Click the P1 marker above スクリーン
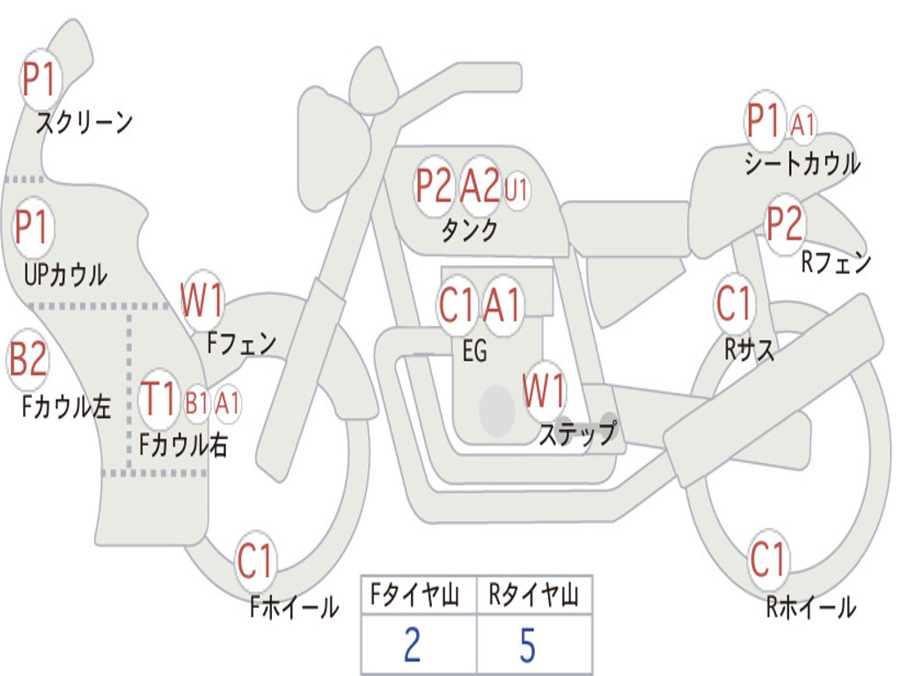click(x=39, y=79)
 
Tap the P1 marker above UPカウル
click(x=33, y=228)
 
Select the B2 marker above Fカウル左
click(x=27, y=358)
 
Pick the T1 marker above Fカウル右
click(x=158, y=399)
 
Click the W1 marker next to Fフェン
click(x=201, y=299)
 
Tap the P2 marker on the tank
click(x=433, y=185)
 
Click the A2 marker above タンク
click(x=480, y=185)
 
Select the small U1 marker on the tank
click(x=516, y=190)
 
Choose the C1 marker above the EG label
click(x=457, y=305)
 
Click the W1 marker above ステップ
click(x=544, y=390)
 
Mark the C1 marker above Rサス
click(x=734, y=303)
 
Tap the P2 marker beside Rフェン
click(x=784, y=223)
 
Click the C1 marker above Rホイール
click(x=767, y=559)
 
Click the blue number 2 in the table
click(x=412, y=643)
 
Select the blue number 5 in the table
click(x=528, y=645)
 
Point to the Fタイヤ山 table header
click(x=415, y=594)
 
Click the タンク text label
click(x=470, y=231)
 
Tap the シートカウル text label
click(x=802, y=164)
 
